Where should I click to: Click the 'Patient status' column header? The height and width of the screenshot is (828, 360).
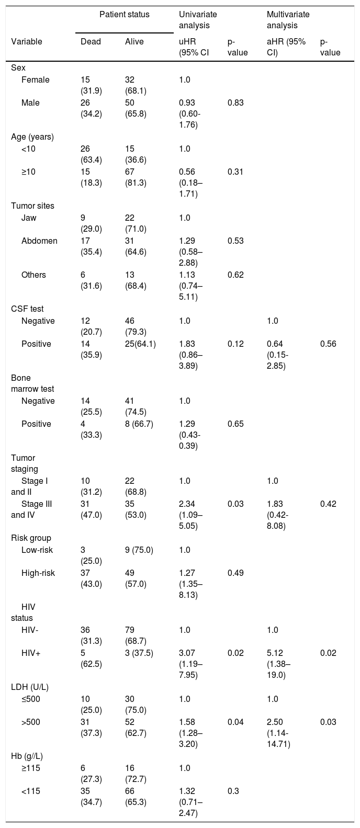pyautogui.click(x=125, y=15)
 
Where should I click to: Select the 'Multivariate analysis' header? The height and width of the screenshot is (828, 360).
pyautogui.click(x=288, y=20)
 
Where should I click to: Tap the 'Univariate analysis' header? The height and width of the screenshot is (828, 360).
pyautogui.click(x=198, y=20)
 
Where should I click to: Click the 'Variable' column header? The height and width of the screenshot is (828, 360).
pyautogui.click(x=27, y=41)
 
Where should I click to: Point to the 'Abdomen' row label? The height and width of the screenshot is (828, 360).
pyautogui.click(x=40, y=241)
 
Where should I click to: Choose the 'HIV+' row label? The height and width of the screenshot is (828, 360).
pyautogui.click(x=31, y=653)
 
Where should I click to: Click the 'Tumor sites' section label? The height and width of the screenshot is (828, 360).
pyautogui.click(x=32, y=206)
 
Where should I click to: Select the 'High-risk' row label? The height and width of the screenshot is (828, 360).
pyautogui.click(x=38, y=573)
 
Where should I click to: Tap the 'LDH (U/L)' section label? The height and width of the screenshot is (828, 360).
pyautogui.click(x=30, y=687)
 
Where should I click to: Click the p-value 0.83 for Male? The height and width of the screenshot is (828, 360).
pyautogui.click(x=236, y=103)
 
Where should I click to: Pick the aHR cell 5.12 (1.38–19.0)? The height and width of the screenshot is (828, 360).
pyautogui.click(x=279, y=664)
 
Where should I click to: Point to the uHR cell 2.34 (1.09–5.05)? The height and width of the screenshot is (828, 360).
pyautogui.click(x=190, y=515)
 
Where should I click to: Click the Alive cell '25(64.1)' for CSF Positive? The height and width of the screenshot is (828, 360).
pyautogui.click(x=140, y=344)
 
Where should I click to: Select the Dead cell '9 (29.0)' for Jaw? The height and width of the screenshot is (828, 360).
pyautogui.click(x=91, y=223)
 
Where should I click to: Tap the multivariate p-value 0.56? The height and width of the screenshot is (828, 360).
pyautogui.click(x=328, y=344)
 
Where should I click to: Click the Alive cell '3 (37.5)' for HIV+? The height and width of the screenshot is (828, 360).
pyautogui.click(x=139, y=653)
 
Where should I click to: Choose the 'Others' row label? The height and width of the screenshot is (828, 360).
pyautogui.click(x=33, y=275)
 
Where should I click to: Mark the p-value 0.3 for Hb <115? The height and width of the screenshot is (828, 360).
pyautogui.click(x=233, y=791)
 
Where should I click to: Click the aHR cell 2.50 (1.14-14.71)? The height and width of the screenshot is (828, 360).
pyautogui.click(x=279, y=733)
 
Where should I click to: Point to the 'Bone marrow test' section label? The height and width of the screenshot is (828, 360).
pyautogui.click(x=32, y=383)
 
